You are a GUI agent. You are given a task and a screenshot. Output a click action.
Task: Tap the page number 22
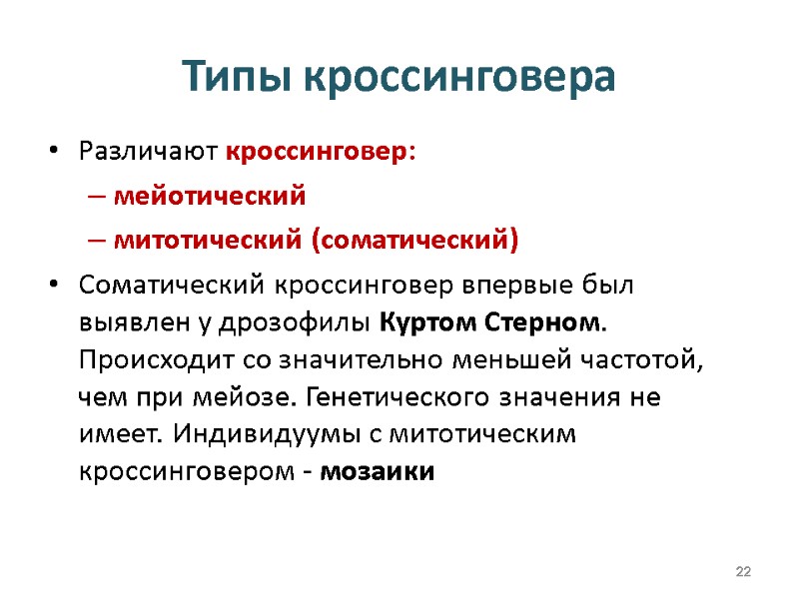(x=742, y=571)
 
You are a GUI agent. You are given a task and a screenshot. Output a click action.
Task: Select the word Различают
(x=149, y=154)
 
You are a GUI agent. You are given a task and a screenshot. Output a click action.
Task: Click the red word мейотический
(x=209, y=197)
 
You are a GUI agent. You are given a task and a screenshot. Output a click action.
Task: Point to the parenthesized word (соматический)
(x=416, y=241)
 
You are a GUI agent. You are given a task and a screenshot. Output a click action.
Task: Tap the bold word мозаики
(x=378, y=472)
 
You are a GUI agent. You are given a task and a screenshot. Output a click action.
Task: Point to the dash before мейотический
(x=94, y=197)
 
